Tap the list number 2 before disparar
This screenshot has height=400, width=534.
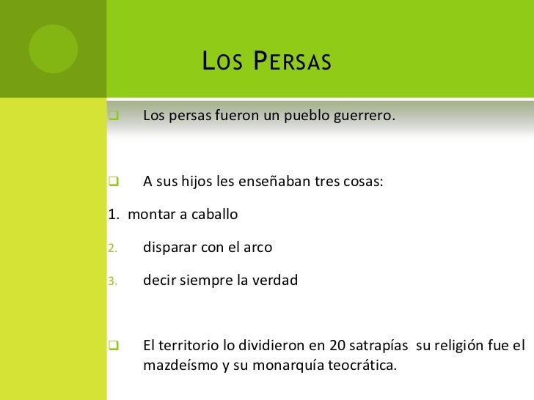[x=112, y=248]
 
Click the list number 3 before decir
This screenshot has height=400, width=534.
[x=112, y=281]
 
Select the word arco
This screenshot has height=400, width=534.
[x=257, y=248]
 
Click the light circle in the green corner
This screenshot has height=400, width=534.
[x=53, y=49]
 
